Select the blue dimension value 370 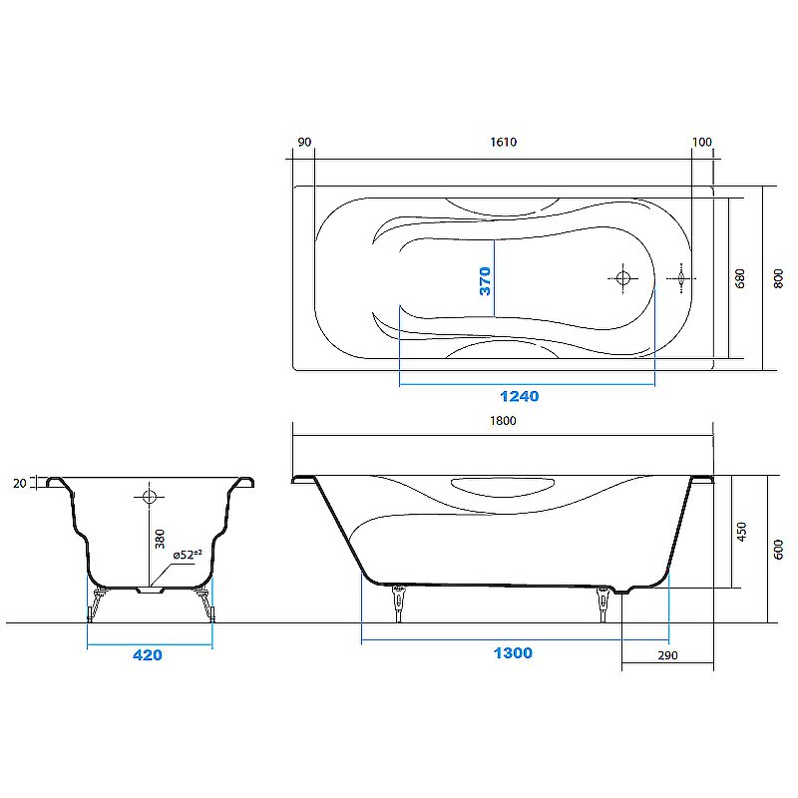(485, 282)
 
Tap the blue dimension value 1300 (512, 653)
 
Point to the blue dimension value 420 (147, 655)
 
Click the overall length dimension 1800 (503, 421)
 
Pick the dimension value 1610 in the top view (503, 142)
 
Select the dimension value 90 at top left (304, 142)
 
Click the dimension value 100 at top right (702, 142)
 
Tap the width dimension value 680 (739, 278)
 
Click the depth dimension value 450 (739, 533)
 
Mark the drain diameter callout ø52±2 (187, 555)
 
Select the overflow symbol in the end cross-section (148, 496)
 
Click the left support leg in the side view (400, 602)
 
